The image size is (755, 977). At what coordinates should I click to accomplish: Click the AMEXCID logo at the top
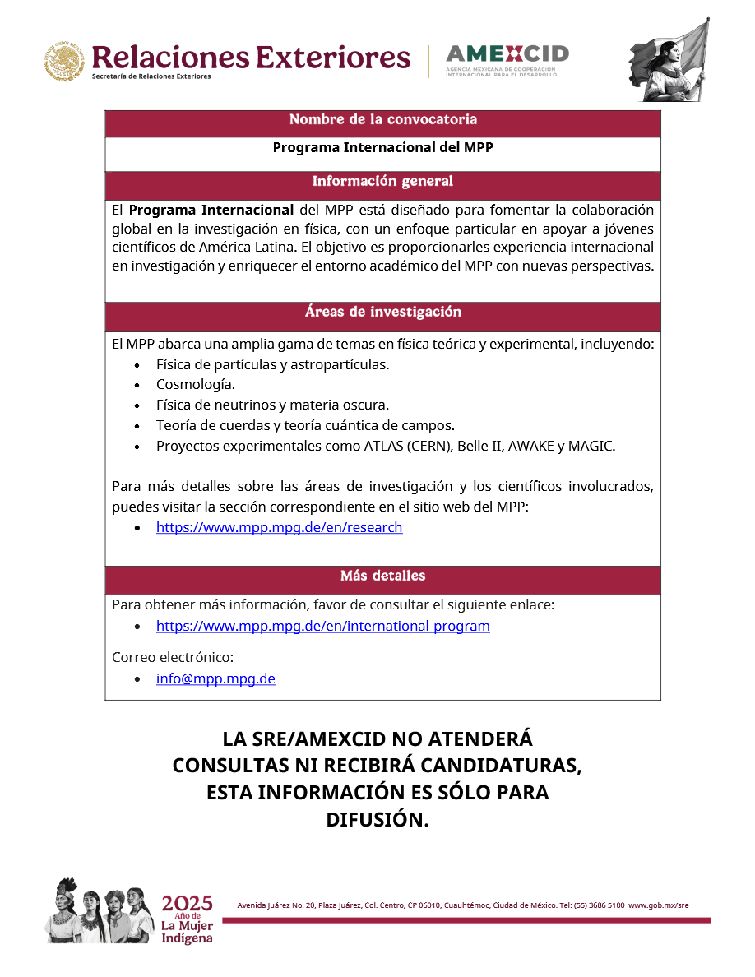[507, 59]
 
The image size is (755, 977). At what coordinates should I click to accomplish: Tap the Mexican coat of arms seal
[65, 62]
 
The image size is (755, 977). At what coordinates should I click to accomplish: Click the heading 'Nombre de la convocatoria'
[382, 120]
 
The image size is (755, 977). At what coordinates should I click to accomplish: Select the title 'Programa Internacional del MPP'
[382, 148]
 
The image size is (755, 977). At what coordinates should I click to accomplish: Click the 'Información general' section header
[382, 182]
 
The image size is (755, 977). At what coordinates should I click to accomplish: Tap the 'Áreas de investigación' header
[382, 313]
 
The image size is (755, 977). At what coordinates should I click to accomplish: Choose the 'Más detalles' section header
[382, 576]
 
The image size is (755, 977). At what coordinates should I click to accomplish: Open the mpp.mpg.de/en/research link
[279, 528]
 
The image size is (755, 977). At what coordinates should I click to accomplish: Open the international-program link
[322, 627]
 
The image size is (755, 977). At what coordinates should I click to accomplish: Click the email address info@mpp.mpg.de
[215, 679]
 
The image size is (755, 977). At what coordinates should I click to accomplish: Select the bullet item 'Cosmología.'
[196, 385]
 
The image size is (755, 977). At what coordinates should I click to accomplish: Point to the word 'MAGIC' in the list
[591, 447]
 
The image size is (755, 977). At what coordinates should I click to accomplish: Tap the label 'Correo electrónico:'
[173, 658]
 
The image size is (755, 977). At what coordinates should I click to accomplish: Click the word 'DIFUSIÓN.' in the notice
[377, 820]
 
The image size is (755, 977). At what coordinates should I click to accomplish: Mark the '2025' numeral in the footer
[187, 903]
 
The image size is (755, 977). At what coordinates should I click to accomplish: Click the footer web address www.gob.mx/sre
[658, 905]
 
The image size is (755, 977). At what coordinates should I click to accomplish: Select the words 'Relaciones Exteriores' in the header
[251, 58]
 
